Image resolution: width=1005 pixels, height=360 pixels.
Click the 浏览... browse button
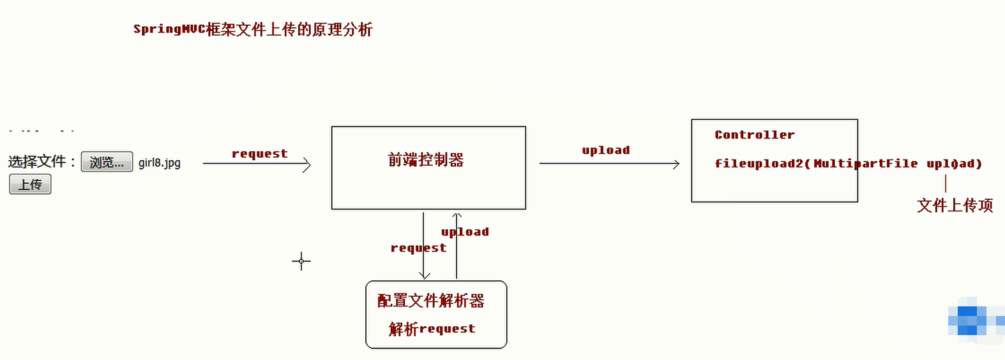(107, 162)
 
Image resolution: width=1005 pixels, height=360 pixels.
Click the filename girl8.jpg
(160, 163)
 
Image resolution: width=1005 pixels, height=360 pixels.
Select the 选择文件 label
(37, 161)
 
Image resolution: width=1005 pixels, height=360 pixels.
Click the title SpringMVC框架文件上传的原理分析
(253, 29)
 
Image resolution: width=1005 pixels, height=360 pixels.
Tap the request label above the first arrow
(259, 154)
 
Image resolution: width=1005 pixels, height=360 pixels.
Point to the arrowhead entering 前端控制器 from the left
(307, 164)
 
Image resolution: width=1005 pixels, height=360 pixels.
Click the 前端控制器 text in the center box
(426, 160)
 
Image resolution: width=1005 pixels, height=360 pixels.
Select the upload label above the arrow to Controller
(605, 150)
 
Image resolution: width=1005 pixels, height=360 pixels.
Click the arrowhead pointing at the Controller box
(676, 164)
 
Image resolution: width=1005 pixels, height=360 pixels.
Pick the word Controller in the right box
(754, 135)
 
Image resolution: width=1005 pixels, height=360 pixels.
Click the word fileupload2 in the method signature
(759, 163)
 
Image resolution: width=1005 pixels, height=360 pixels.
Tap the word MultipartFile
(865, 163)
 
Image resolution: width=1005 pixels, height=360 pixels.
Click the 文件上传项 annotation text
(955, 206)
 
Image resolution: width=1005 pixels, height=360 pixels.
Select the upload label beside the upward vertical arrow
(465, 232)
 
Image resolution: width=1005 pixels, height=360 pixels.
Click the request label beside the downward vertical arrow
(418, 248)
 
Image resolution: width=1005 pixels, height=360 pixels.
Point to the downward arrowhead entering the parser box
(424, 276)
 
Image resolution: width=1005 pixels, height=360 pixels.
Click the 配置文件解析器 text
(431, 301)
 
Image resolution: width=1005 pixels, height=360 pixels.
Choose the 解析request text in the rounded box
(432, 329)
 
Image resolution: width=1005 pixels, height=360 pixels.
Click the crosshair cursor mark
(301, 261)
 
